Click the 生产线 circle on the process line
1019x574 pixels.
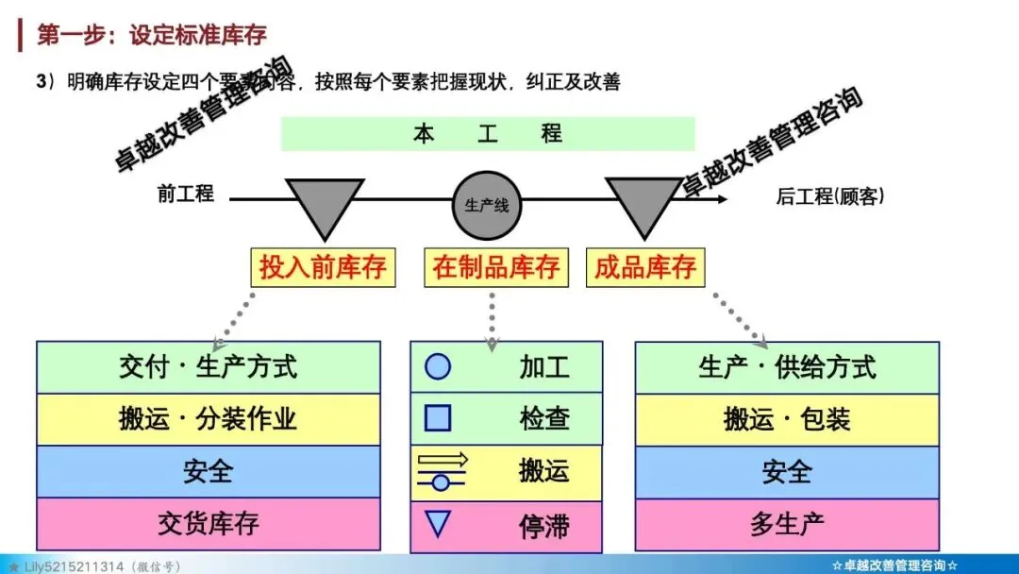click(x=487, y=205)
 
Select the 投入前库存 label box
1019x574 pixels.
click(x=323, y=267)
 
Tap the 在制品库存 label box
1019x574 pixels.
click(x=496, y=267)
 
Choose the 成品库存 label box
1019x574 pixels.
click(x=645, y=267)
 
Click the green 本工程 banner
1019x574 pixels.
click(x=487, y=134)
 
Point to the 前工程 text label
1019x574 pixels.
click(x=186, y=194)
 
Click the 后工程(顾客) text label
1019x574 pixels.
click(x=830, y=196)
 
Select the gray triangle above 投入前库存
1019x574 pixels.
click(x=324, y=204)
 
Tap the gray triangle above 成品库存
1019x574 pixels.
click(x=643, y=204)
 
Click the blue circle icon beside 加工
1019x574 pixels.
click(x=438, y=366)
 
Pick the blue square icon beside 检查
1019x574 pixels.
click(x=438, y=417)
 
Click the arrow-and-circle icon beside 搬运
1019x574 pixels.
click(x=442, y=470)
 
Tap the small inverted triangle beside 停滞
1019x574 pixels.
click(x=438, y=522)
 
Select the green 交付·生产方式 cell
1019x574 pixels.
click(x=209, y=366)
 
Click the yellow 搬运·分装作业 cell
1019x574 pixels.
click(x=209, y=418)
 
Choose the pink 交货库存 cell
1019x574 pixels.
click(x=209, y=523)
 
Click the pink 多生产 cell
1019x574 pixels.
click(x=787, y=524)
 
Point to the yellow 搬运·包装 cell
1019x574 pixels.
click(x=787, y=419)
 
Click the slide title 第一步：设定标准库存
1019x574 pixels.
click(x=152, y=36)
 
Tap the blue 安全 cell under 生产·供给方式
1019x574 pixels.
click(x=787, y=472)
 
